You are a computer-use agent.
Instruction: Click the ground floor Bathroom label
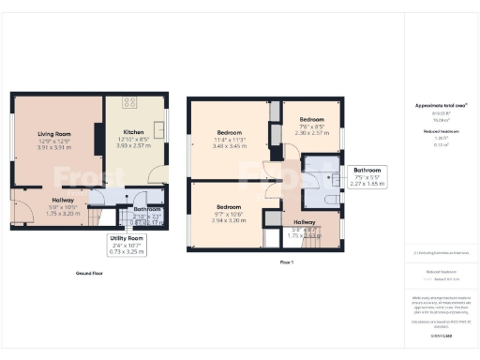(x=145, y=209)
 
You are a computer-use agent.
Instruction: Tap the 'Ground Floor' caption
(x=89, y=274)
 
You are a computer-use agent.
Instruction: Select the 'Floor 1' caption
(x=287, y=262)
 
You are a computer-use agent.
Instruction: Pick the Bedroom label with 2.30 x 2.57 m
(x=311, y=120)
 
